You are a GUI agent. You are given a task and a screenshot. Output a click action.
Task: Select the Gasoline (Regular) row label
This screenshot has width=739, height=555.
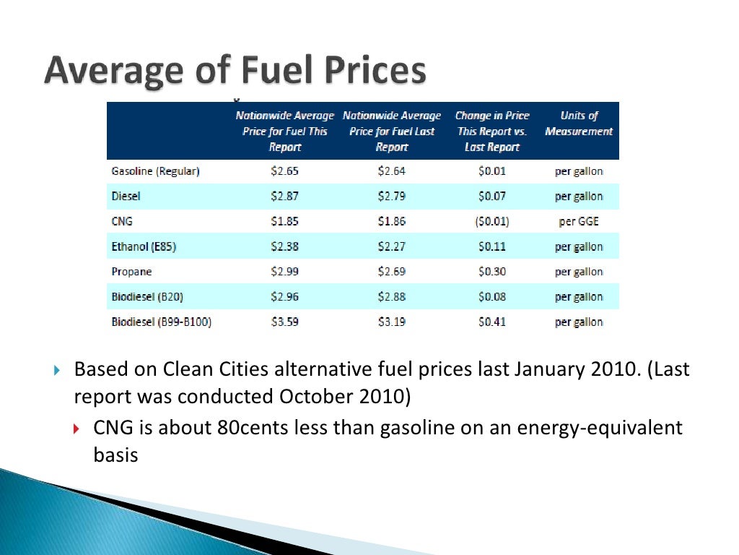[x=155, y=171]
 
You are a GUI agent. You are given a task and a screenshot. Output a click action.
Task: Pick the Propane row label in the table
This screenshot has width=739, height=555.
[x=131, y=272]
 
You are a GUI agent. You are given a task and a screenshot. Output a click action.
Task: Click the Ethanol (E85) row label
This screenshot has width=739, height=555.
[x=144, y=246]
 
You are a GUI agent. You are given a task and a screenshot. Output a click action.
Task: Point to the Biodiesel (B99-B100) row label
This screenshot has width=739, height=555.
[x=161, y=322]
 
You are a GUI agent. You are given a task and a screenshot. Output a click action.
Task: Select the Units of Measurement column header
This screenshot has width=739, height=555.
[x=578, y=124]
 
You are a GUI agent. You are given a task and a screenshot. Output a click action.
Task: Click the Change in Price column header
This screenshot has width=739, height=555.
[x=492, y=131]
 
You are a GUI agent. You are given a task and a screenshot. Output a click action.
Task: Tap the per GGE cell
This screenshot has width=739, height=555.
[x=578, y=221]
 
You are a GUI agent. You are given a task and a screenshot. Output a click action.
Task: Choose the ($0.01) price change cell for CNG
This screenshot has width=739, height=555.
[x=491, y=221]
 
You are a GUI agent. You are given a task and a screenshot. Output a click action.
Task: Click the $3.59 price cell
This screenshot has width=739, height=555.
[x=284, y=322]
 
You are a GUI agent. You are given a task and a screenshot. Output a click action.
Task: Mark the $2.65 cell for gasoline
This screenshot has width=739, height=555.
[x=284, y=171]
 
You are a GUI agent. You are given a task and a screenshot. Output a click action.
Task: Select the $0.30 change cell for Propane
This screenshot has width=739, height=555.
[x=491, y=272]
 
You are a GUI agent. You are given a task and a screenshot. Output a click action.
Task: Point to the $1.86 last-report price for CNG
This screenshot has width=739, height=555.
[x=392, y=221]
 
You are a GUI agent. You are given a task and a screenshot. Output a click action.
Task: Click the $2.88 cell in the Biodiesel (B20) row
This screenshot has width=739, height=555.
[x=392, y=296]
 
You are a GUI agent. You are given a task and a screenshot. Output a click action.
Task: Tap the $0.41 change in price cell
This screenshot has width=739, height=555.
[x=491, y=322]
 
